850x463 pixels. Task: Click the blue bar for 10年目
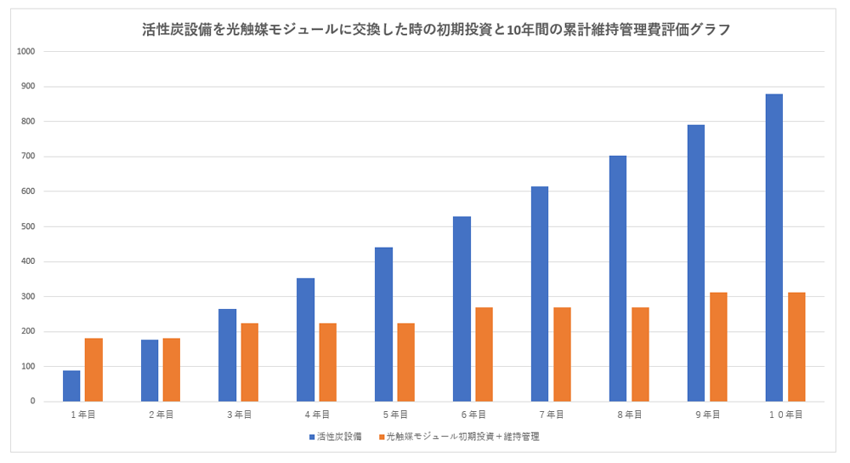tap(773, 248)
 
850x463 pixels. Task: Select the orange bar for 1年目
tap(93, 369)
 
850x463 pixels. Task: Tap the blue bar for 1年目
tap(71, 386)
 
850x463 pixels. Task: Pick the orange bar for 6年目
tap(484, 354)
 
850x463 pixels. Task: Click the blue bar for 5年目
tap(383, 324)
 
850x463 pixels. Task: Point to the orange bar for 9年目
tap(718, 346)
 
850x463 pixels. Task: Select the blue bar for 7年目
tap(539, 294)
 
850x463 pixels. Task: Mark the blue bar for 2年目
tap(150, 370)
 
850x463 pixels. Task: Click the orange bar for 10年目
tap(796, 346)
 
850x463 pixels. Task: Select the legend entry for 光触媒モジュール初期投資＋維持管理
tap(462, 436)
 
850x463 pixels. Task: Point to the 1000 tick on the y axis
tap(25, 51)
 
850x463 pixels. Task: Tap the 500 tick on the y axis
tap(28, 226)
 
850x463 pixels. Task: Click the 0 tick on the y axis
tap(32, 401)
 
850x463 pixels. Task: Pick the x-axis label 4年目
tap(316, 414)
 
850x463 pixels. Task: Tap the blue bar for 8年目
tap(617, 278)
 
